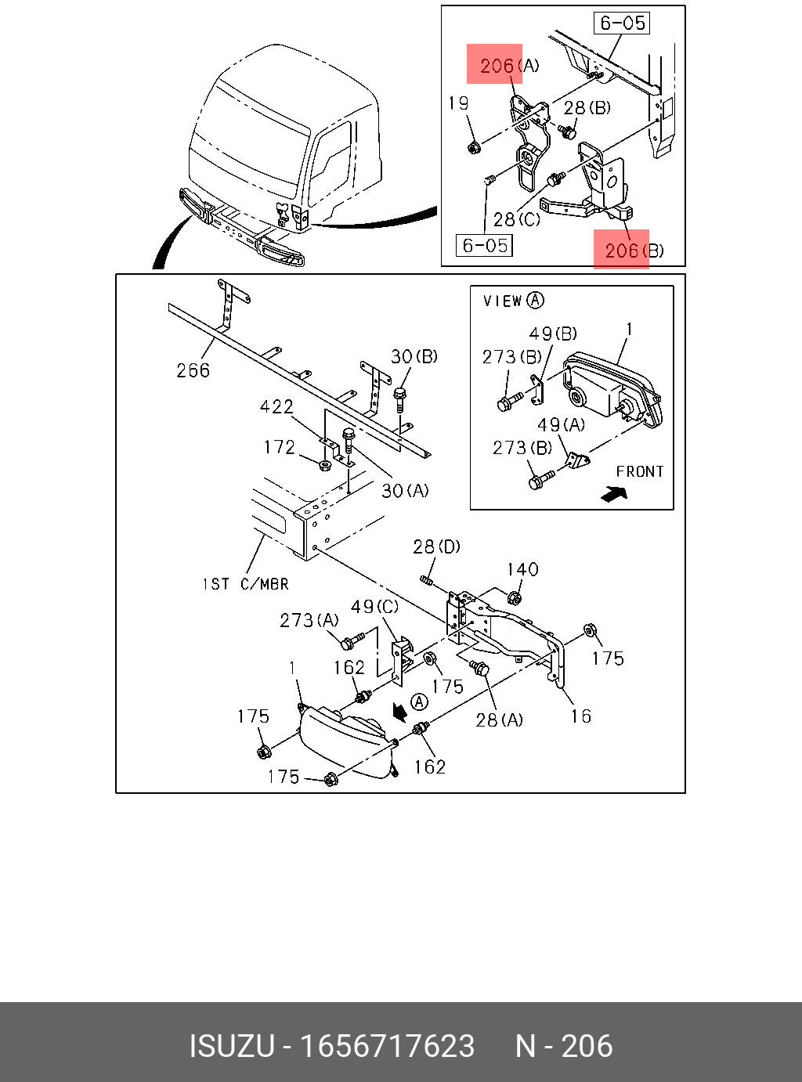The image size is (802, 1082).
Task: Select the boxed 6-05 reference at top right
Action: pyautogui.click(x=623, y=23)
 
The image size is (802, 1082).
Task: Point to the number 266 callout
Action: pyautogui.click(x=193, y=370)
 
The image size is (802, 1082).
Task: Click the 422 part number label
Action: pyautogui.click(x=276, y=406)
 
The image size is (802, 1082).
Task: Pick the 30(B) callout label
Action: pyautogui.click(x=414, y=356)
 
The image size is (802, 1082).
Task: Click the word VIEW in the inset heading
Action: pyautogui.click(x=502, y=301)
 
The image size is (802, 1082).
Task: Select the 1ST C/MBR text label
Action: pyautogui.click(x=245, y=584)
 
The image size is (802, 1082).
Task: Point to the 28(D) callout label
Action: pyautogui.click(x=436, y=546)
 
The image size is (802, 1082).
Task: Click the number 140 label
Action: pyautogui.click(x=522, y=569)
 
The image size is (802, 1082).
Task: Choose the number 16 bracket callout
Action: pyautogui.click(x=580, y=716)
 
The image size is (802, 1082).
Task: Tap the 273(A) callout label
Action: pyautogui.click(x=309, y=620)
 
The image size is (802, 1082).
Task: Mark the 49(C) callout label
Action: pyautogui.click(x=374, y=607)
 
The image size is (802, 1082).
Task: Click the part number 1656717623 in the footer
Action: pyautogui.click(x=388, y=1046)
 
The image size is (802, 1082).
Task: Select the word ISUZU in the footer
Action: pyautogui.click(x=232, y=1046)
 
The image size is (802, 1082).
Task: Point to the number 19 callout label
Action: pyautogui.click(x=458, y=103)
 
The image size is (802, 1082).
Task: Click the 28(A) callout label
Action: pyautogui.click(x=499, y=720)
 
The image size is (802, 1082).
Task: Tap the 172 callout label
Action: pyautogui.click(x=279, y=447)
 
